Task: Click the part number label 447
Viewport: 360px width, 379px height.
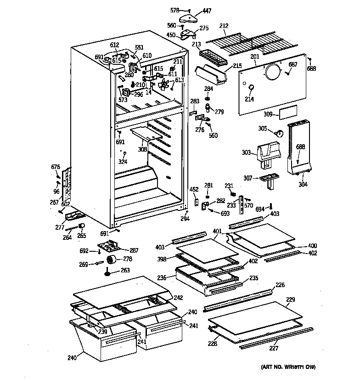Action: pyautogui.click(x=207, y=11)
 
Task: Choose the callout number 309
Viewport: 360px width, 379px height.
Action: pyautogui.click(x=269, y=114)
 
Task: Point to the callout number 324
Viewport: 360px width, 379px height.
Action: pyautogui.click(x=122, y=162)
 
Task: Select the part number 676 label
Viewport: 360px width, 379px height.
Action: pyautogui.click(x=56, y=166)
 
